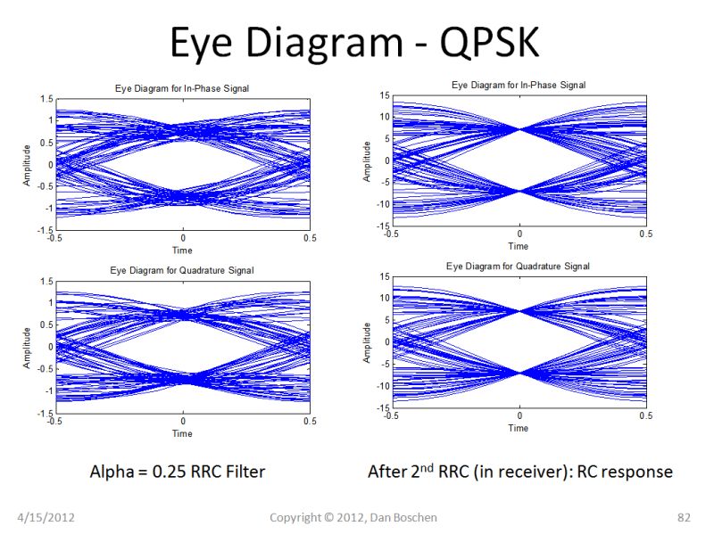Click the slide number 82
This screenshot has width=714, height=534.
(x=685, y=517)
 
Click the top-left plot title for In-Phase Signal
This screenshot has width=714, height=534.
(x=182, y=88)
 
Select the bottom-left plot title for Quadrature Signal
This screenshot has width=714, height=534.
(x=182, y=270)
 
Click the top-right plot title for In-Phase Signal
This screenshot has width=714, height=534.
(x=519, y=85)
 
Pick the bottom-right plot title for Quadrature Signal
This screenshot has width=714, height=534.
(x=519, y=267)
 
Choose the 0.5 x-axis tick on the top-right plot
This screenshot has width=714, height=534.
(x=645, y=234)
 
